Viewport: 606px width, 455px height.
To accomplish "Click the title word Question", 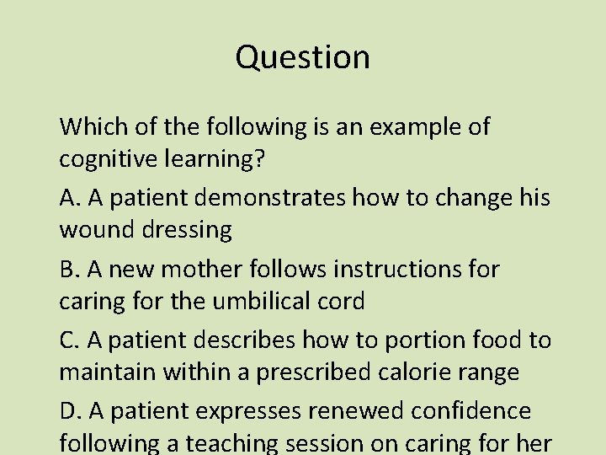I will tap(303, 57).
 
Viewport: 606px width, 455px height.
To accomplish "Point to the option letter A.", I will tap(68, 198).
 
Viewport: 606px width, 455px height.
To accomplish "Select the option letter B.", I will tap(67, 270).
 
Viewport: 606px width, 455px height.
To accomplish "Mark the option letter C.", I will tap(67, 340).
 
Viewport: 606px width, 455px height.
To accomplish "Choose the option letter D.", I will tap(68, 411).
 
